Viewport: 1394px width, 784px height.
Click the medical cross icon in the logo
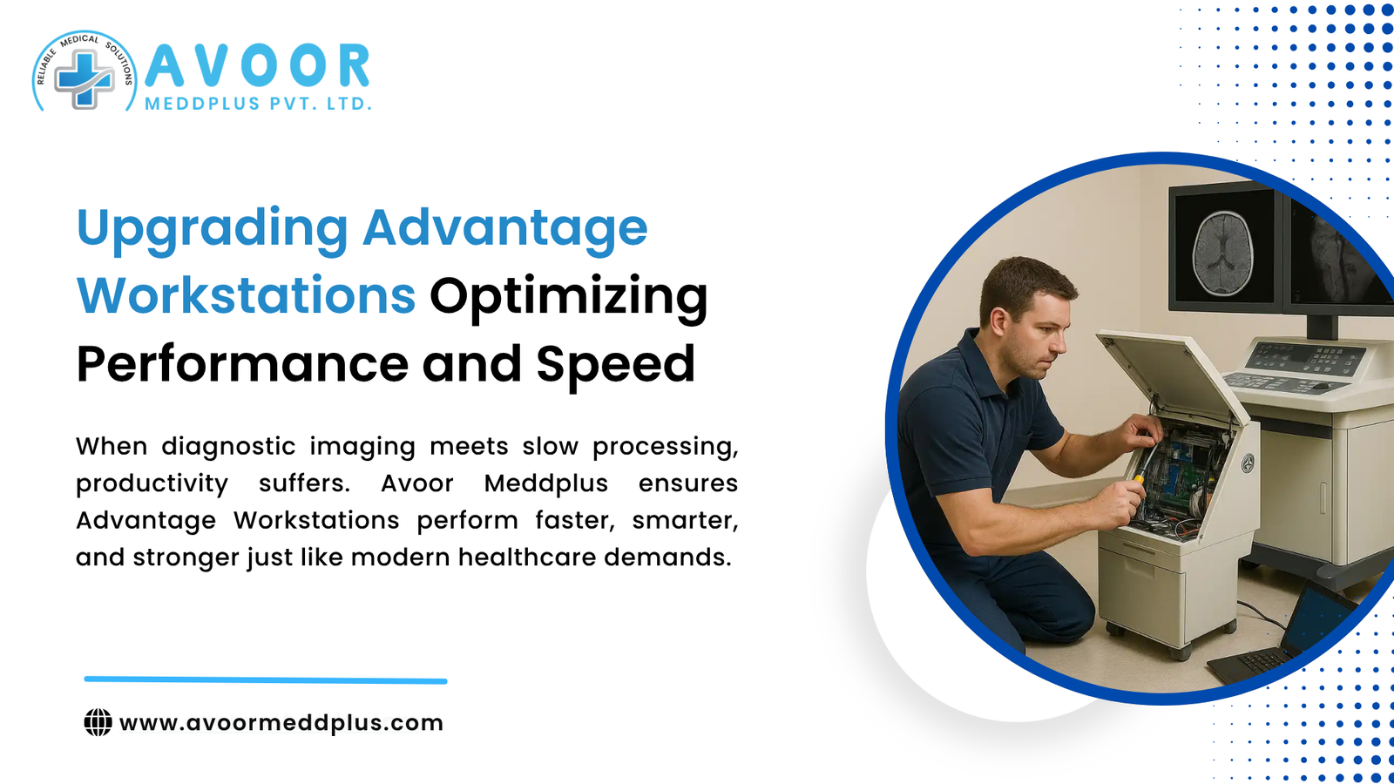84,78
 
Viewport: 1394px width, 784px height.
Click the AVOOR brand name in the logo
258,66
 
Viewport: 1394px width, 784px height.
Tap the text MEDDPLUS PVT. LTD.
258,104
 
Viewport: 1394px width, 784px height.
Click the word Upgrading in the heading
212,228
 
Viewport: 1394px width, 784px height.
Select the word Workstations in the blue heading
246,296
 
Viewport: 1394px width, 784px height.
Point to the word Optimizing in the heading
568,296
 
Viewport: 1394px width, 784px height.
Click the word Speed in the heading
615,364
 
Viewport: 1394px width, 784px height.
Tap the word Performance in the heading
241,364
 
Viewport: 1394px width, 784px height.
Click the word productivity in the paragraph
152,483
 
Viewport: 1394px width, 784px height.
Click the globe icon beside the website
98,722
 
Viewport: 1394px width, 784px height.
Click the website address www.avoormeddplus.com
281,722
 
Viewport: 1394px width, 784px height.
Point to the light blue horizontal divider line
266,679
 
